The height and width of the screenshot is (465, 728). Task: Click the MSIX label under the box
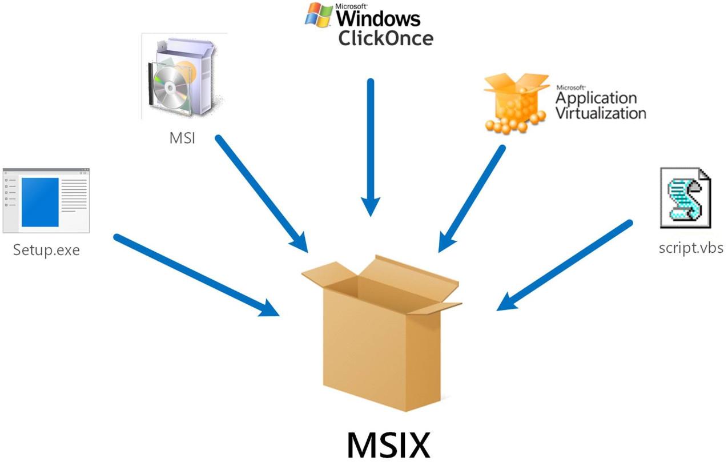tap(388, 444)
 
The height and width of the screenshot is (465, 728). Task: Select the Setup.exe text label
tap(46, 250)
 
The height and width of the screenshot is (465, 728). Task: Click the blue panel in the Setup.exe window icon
tap(40, 202)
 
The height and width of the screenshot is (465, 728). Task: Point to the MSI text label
tap(182, 138)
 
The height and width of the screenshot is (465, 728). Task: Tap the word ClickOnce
tap(385, 38)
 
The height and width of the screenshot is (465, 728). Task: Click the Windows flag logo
tap(319, 15)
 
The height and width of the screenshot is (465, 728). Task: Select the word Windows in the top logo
tap(378, 18)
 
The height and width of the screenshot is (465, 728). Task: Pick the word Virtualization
tap(601, 112)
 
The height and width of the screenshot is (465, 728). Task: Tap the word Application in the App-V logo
tap(596, 98)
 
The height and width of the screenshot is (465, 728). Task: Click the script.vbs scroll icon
tap(685, 197)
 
